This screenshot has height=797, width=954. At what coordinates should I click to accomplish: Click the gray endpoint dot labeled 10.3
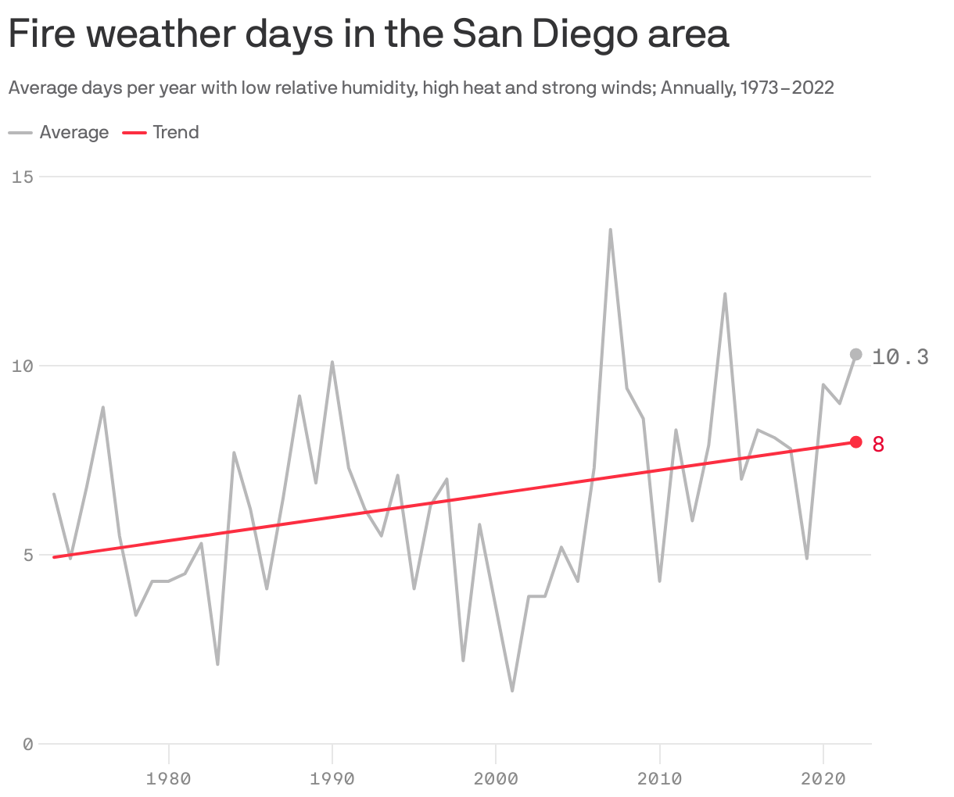click(855, 355)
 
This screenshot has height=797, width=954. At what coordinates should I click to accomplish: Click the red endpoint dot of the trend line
click(855, 442)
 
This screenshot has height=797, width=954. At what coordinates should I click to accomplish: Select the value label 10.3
click(900, 357)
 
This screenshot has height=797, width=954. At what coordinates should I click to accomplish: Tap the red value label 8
click(878, 445)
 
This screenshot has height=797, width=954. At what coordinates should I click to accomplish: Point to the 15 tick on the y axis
click(23, 177)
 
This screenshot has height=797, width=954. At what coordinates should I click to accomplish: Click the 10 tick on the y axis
click(23, 366)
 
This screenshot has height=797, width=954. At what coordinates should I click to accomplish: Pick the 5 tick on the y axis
click(27, 555)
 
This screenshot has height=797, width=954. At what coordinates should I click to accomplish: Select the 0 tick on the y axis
click(27, 745)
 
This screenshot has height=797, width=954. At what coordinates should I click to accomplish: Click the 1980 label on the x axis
click(168, 778)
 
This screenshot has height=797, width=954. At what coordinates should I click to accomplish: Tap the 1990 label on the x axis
click(332, 778)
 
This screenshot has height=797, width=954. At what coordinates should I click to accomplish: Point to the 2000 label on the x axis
click(496, 778)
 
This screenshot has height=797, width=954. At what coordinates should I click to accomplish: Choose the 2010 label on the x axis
click(660, 778)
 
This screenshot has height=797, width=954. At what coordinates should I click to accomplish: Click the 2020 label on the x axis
click(823, 778)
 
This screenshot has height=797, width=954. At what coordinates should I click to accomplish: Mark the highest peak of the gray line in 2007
click(611, 231)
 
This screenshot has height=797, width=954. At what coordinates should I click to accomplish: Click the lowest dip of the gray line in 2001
click(512, 690)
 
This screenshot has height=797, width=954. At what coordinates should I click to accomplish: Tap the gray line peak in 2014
click(725, 295)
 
